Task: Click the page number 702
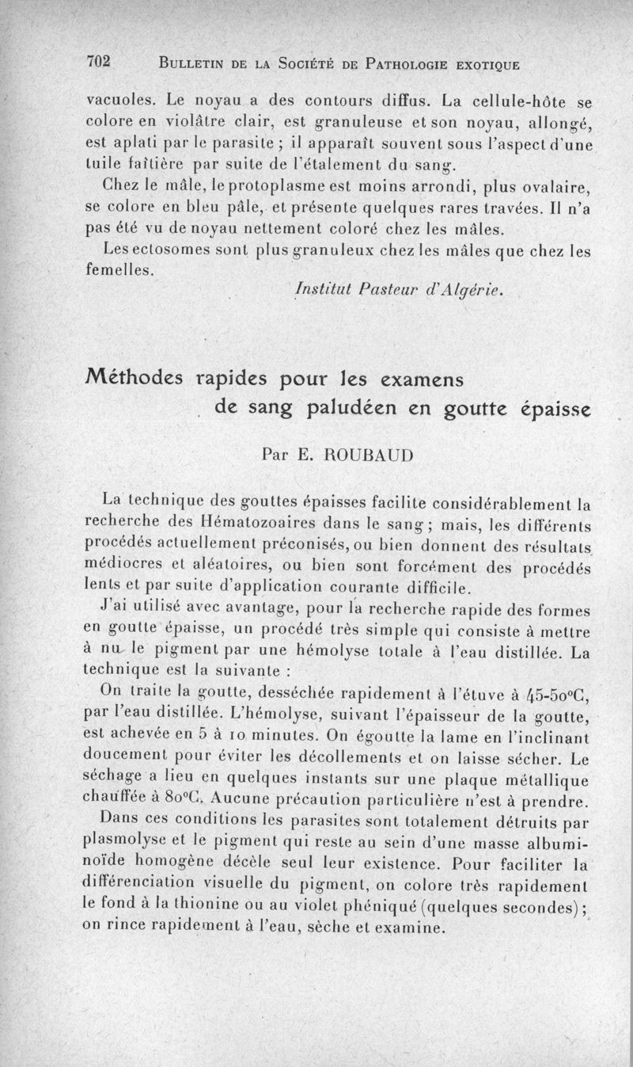[x=100, y=63]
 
